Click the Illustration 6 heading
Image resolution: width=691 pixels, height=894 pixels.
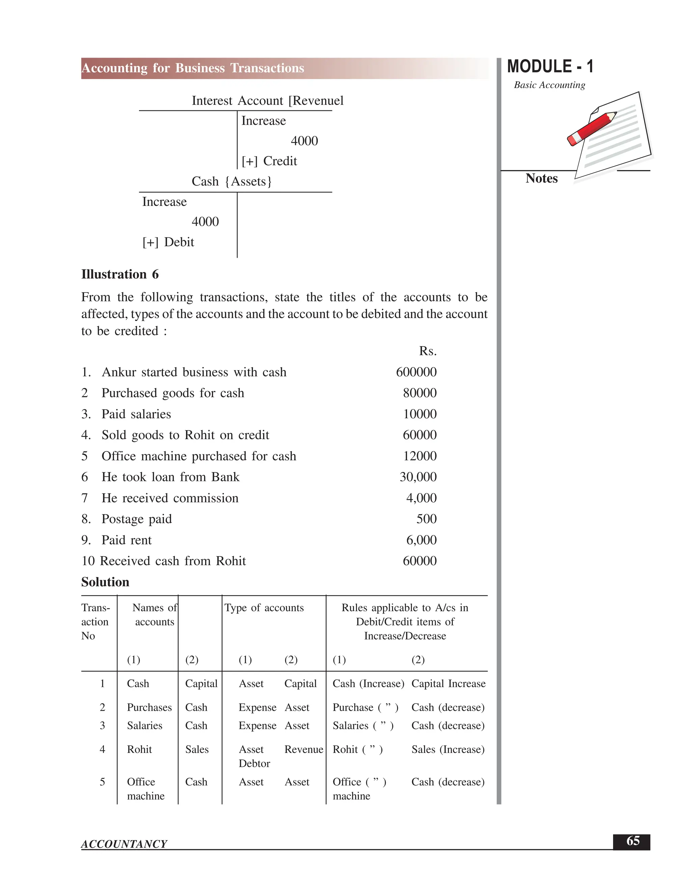point(119,274)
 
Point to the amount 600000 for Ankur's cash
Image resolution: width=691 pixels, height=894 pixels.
point(416,372)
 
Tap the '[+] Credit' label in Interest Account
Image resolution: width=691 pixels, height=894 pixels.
point(269,161)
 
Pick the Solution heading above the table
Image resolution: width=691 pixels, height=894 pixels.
point(105,582)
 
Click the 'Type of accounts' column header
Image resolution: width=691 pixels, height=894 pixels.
point(264,608)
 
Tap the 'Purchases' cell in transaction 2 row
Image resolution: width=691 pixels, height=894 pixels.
point(149,707)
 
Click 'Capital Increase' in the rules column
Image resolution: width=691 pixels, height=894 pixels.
point(448,683)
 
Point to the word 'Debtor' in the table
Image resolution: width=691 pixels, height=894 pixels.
point(254,763)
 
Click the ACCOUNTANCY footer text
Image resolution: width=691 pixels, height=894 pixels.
point(124,844)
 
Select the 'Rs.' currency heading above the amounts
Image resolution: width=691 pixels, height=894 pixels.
point(428,351)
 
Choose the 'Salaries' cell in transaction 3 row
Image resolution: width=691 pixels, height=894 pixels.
point(144,725)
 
